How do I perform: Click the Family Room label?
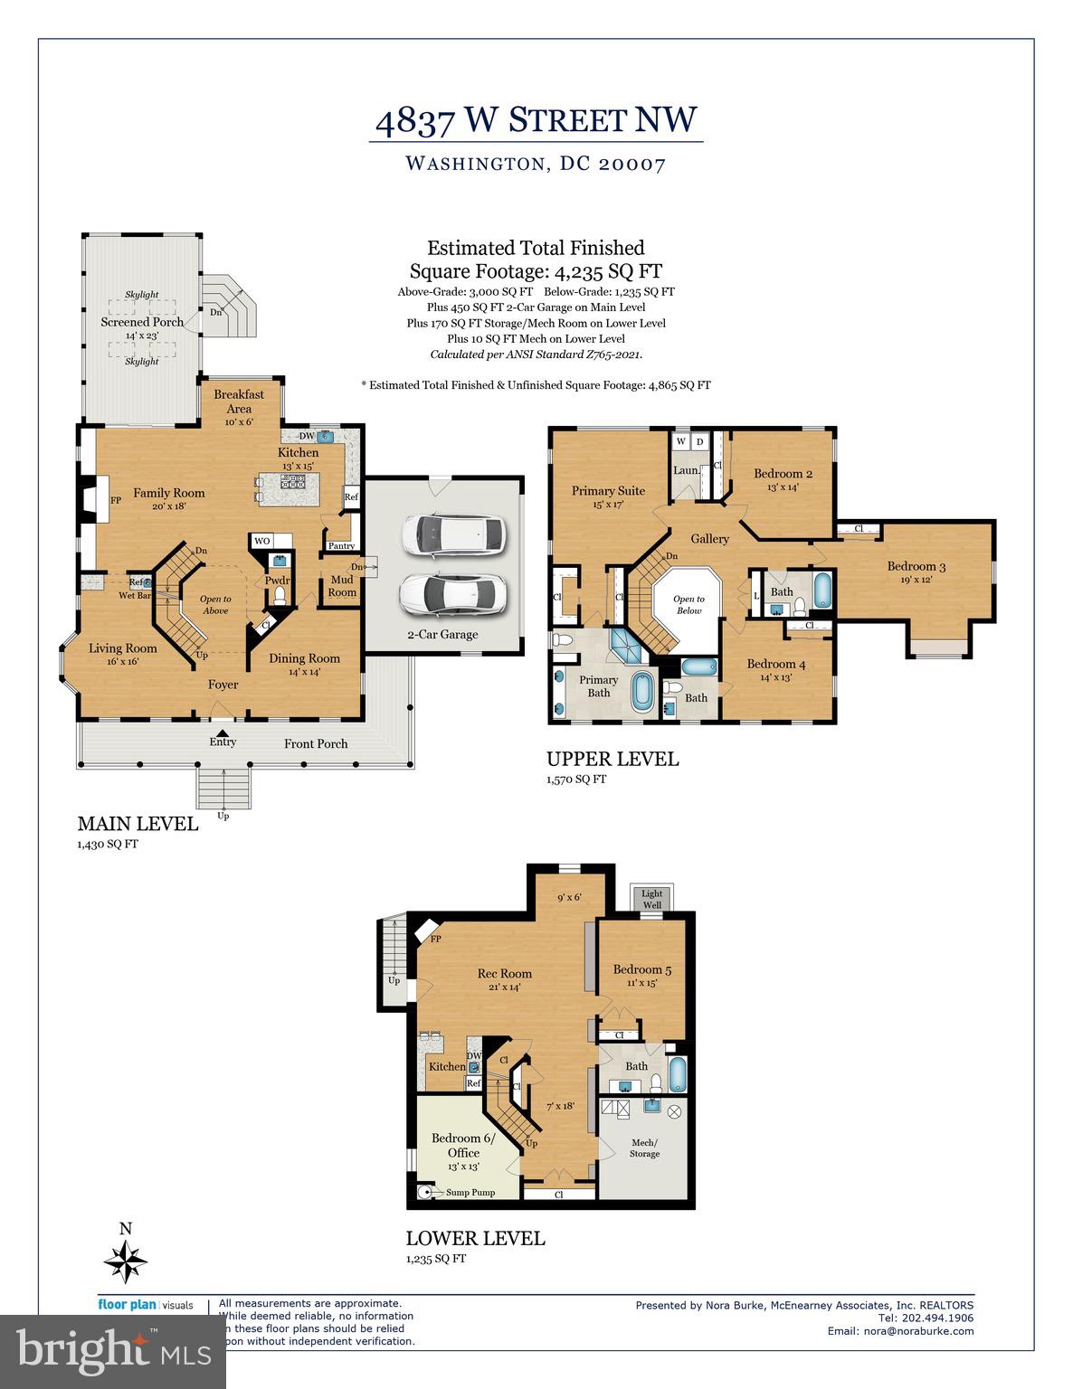coord(169,493)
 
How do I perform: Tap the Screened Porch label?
coord(142,322)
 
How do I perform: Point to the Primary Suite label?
coord(608,491)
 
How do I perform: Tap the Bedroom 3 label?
coord(916,567)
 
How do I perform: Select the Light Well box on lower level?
coord(651,899)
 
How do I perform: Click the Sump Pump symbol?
coord(423,1192)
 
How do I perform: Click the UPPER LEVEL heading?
coord(612,760)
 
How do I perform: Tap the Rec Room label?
coord(504,974)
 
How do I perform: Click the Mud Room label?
coord(342,586)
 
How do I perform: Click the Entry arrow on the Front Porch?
coord(223,732)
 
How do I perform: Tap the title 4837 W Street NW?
coord(536,120)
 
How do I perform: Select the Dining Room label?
coord(304,658)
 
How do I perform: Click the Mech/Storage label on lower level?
coord(644,1148)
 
